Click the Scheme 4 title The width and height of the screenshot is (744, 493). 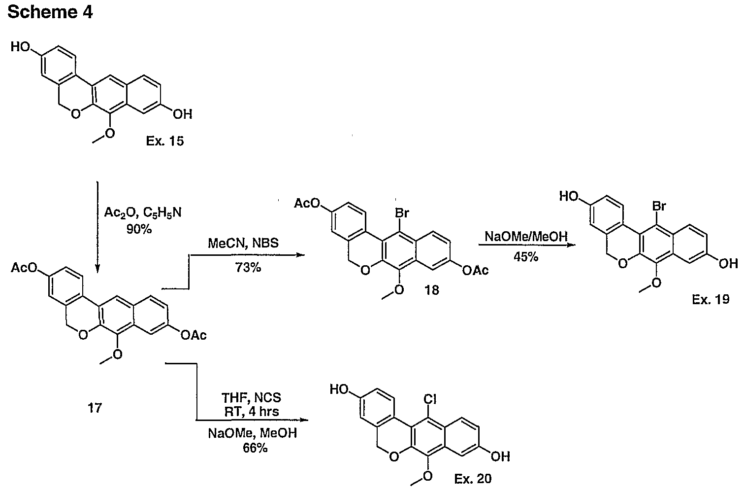pos(50,12)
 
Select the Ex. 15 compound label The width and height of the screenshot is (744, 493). pos(165,141)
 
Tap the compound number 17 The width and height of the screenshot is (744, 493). pos(95,408)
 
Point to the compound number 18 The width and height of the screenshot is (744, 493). pos(432,290)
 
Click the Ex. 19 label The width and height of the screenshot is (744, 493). pos(711,299)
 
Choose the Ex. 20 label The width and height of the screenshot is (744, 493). pos(473,479)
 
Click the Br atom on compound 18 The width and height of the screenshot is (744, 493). pos(402,212)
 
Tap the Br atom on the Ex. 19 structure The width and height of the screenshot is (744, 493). pos(659,206)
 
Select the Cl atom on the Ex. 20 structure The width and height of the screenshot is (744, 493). pos(430,398)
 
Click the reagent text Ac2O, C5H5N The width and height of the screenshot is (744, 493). pos(143,212)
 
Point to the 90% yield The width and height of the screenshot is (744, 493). pos(139,229)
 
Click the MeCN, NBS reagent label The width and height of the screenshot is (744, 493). pos(243,243)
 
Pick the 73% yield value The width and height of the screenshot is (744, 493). pos(248,267)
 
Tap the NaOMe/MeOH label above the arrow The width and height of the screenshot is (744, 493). pos(526,237)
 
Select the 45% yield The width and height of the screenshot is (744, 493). pos(526,256)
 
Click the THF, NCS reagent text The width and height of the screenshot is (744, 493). pos(252,397)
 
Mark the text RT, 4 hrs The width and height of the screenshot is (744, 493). pos(252,412)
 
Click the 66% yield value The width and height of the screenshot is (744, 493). pos(255,448)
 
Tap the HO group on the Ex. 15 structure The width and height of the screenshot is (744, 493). pos(21,46)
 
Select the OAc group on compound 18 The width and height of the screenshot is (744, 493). pos(476,271)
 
